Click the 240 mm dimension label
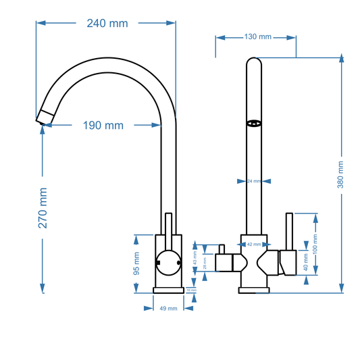[x=107, y=24]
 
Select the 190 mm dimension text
[x=103, y=125]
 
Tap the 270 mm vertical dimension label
[x=43, y=207]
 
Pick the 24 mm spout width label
[x=253, y=181]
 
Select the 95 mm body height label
[x=136, y=264]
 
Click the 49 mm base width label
[x=168, y=309]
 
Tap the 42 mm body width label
[x=254, y=245]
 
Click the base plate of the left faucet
[x=168, y=290]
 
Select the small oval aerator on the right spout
[x=254, y=123]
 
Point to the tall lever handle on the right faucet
[x=288, y=233]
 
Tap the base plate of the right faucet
[x=254, y=290]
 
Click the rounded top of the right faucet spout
[x=254, y=63]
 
